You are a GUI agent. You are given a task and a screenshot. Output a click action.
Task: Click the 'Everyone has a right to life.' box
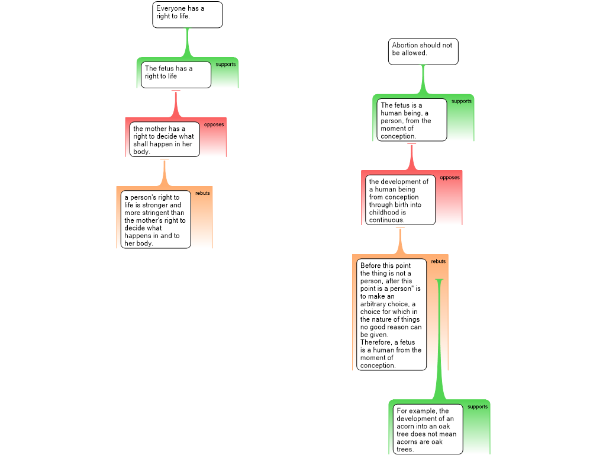[188, 15]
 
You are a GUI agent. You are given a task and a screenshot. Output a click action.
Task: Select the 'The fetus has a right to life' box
[176, 75]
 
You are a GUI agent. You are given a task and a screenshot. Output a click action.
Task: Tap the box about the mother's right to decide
[165, 139]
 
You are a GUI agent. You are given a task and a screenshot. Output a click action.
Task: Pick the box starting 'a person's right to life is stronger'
[156, 219]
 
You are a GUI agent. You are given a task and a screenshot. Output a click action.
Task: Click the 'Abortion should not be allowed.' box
[423, 52]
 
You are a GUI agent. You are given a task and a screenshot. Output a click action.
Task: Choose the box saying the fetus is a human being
[412, 120]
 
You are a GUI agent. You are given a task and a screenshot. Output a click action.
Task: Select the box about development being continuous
[401, 200]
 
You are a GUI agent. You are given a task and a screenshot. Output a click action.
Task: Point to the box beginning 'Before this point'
[392, 315]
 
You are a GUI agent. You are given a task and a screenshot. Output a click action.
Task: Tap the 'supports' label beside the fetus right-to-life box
[225, 64]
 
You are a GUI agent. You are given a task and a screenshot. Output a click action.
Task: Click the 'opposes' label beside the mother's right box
[214, 124]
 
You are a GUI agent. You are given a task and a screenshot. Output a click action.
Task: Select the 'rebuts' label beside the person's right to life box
[202, 193]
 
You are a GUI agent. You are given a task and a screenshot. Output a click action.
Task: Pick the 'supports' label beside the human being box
[462, 101]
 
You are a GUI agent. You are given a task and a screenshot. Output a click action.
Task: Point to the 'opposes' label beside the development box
[450, 178]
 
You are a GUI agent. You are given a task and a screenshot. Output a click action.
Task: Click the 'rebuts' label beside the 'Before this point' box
[439, 261]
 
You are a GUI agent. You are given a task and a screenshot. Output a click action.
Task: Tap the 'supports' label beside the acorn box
[478, 406]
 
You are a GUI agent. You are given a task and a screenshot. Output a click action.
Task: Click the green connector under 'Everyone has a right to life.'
[188, 43]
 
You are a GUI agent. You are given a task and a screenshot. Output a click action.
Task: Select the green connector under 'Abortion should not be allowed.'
[423, 79]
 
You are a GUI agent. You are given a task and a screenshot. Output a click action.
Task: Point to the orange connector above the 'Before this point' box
[401, 241]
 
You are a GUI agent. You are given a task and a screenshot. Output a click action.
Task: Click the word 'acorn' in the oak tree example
[405, 427]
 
